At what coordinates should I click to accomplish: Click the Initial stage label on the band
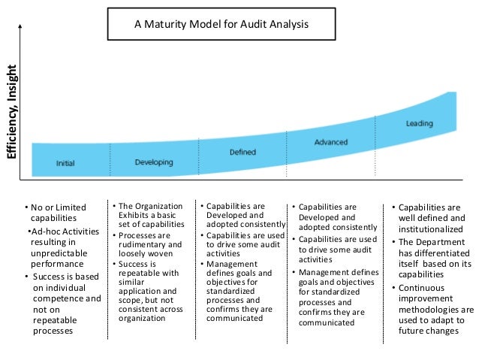[x=65, y=163]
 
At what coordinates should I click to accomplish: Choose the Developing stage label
[x=153, y=162]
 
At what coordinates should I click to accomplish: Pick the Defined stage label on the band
[x=242, y=152]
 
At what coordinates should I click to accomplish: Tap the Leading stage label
[x=418, y=123]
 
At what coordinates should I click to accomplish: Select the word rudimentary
[x=142, y=244]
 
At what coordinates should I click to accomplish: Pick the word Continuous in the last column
[x=425, y=288]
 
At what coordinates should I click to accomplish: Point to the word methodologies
[x=430, y=309]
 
